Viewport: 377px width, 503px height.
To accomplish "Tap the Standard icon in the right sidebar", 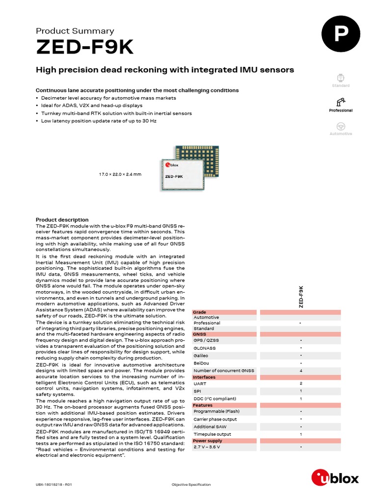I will pos(341,78).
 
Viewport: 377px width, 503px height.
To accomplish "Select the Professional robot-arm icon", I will pos(341,102).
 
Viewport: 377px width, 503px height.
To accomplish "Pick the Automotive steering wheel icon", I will pos(341,126).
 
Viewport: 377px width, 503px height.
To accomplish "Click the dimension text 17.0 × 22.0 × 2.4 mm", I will pos(120,174).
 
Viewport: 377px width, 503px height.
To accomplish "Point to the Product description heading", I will pos(62,220).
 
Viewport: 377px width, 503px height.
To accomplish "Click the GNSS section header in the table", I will pos(200,334).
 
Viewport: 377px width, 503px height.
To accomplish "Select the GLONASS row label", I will pos(205,348).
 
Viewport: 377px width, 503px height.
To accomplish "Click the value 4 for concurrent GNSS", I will pos(300,370).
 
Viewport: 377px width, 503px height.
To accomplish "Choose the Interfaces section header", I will pos(204,377).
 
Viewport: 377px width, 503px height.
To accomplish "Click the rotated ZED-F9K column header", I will pos(301,297).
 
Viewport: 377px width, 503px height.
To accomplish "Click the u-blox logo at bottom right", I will pos(335,477).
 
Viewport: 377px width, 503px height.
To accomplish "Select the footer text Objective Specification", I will pos(191,484).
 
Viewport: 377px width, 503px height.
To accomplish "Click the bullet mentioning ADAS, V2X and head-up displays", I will pos(92,106).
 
